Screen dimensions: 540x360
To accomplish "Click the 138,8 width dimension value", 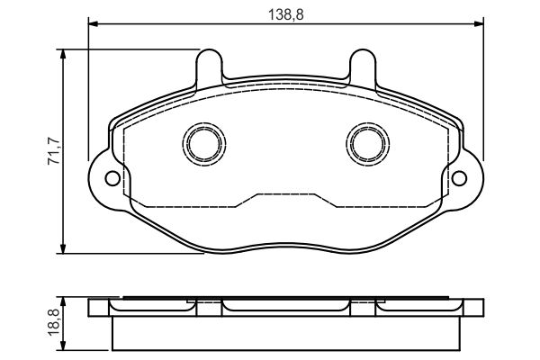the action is click(x=286, y=14).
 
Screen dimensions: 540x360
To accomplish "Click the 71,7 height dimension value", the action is click(x=54, y=151).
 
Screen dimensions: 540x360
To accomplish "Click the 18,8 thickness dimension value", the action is click(x=54, y=323).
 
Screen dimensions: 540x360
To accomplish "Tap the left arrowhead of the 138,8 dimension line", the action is click(x=94, y=23).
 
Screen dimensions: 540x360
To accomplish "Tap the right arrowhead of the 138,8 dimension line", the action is click(x=479, y=23).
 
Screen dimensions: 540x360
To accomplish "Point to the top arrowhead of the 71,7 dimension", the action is click(x=63, y=54).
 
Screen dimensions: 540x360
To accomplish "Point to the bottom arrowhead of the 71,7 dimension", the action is click(x=63, y=248).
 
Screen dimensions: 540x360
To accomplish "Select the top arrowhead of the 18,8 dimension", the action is click(x=63, y=303).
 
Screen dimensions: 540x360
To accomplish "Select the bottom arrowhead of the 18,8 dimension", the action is click(x=63, y=346).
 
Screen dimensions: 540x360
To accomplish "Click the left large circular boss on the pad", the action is click(x=204, y=144).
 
